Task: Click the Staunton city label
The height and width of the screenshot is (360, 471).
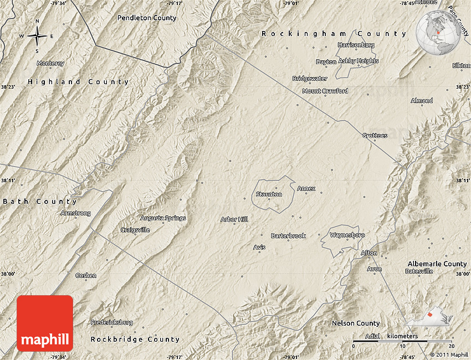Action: (269, 194)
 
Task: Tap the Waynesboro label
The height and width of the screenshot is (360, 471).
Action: (347, 235)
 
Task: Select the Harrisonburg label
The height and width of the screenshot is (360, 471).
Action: (356, 45)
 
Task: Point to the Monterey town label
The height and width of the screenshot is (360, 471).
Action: (50, 64)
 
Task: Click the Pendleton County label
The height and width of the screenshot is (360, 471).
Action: (147, 18)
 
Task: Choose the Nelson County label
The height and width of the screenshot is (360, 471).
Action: (356, 323)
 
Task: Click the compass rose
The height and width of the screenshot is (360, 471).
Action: (37, 37)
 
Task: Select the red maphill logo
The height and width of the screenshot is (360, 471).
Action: (45, 323)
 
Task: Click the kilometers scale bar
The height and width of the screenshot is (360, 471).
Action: (403, 340)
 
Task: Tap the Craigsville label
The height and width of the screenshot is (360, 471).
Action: (135, 230)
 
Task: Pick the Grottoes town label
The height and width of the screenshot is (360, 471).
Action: (375, 136)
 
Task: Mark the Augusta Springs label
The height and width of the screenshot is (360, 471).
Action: (163, 218)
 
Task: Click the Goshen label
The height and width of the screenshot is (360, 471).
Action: (86, 275)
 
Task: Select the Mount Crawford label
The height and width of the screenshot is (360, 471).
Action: (325, 91)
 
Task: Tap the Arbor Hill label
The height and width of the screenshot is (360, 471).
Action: (234, 219)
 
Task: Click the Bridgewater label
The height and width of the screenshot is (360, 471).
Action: (310, 79)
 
